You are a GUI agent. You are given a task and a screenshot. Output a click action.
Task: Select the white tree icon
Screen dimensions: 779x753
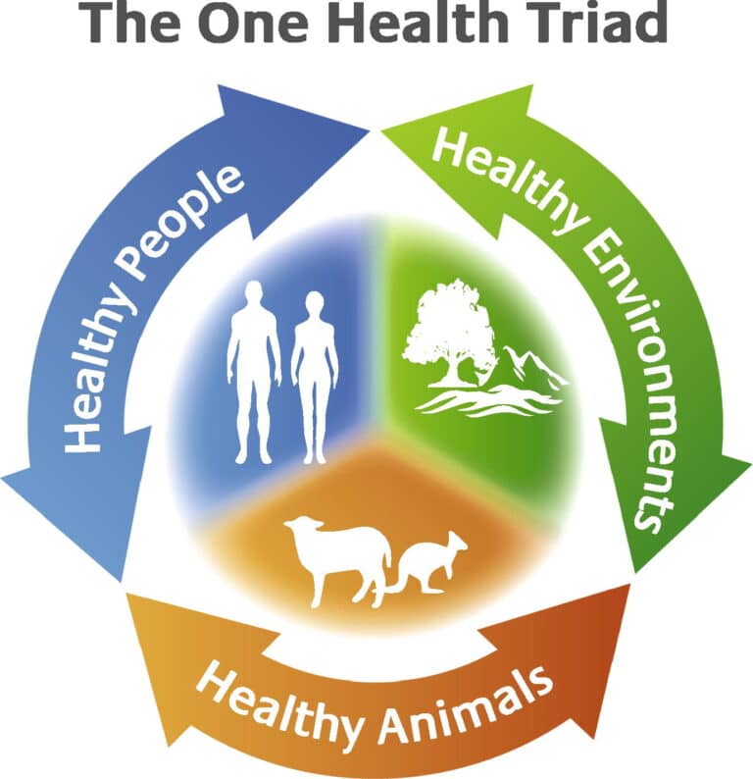click(x=451, y=330)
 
